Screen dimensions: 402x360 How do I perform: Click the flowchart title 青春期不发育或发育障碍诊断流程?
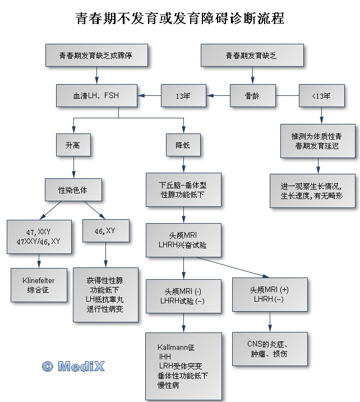click(179, 19)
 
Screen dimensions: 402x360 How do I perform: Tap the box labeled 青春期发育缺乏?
click(252, 56)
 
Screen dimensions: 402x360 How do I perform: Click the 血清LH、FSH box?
click(96, 96)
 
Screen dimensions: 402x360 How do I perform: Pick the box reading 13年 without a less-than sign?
click(183, 96)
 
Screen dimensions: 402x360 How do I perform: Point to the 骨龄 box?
click(252, 96)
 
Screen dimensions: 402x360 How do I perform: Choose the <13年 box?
click(321, 96)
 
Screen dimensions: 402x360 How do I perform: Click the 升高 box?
click(72, 145)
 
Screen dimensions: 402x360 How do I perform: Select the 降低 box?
click(183, 145)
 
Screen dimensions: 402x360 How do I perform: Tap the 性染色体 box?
click(72, 190)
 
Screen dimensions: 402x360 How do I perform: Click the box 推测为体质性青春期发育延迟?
click(318, 141)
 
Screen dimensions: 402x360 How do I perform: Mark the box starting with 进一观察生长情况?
click(318, 191)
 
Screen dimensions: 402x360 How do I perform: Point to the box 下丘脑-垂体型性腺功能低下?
click(183, 189)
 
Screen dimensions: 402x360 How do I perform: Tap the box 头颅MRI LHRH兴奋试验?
click(183, 239)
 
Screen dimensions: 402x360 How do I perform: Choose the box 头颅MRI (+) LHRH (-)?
click(270, 294)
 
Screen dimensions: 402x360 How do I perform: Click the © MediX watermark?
click(73, 366)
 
